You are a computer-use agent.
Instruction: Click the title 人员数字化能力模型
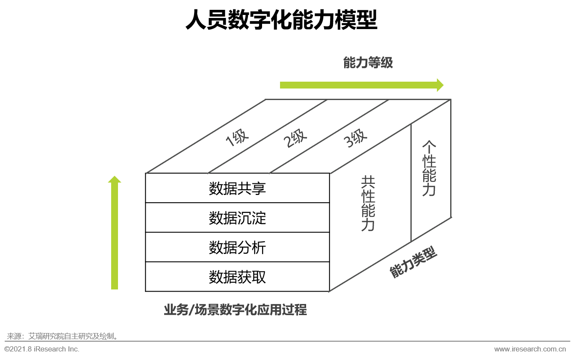click(x=281, y=20)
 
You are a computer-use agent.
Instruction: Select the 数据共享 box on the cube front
click(x=237, y=188)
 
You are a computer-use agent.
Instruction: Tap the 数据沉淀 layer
click(x=237, y=218)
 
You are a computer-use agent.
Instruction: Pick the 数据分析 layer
click(x=237, y=247)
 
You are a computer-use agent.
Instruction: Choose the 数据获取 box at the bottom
click(x=237, y=277)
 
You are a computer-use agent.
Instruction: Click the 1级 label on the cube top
click(x=237, y=138)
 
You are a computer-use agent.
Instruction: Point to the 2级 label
click(x=295, y=138)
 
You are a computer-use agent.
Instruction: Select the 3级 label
click(x=356, y=138)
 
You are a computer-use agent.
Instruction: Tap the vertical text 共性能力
click(x=368, y=203)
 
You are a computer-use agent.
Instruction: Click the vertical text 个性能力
click(x=429, y=168)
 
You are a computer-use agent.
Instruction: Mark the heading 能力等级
click(x=368, y=63)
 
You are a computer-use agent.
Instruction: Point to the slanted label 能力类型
click(x=413, y=262)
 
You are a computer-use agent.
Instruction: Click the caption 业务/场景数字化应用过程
click(x=236, y=310)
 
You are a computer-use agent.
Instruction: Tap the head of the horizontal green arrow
click(x=440, y=85)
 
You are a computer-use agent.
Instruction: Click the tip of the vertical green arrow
click(x=115, y=176)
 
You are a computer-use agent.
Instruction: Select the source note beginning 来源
click(x=62, y=336)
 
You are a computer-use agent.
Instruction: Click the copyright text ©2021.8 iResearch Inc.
click(x=42, y=349)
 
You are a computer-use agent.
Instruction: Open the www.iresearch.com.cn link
click(x=530, y=349)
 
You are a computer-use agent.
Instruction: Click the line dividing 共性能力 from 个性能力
click(x=411, y=183)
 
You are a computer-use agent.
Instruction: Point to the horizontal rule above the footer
click(x=287, y=341)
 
